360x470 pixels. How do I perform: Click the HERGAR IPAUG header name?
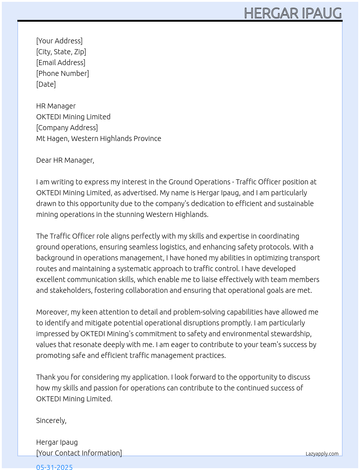tap(293, 13)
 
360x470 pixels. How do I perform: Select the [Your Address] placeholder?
tap(59, 41)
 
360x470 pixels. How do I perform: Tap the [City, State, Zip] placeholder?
tap(61, 52)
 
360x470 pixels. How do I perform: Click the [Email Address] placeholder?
tap(61, 63)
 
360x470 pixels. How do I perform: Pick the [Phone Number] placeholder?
tap(63, 73)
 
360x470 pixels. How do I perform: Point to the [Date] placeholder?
tap(46, 84)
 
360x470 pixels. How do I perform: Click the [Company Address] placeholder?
tap(67, 128)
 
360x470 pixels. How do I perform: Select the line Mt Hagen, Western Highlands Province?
tap(99, 138)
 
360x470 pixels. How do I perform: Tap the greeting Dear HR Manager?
tap(65, 160)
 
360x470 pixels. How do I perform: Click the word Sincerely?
tap(51, 420)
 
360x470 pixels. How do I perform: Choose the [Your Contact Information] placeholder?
tap(79, 453)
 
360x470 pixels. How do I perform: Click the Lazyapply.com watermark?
tap(322, 454)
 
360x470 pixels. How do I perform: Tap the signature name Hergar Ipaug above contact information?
tap(57, 442)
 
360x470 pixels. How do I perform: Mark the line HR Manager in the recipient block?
tap(56, 106)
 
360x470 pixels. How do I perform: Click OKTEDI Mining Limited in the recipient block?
tap(73, 117)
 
